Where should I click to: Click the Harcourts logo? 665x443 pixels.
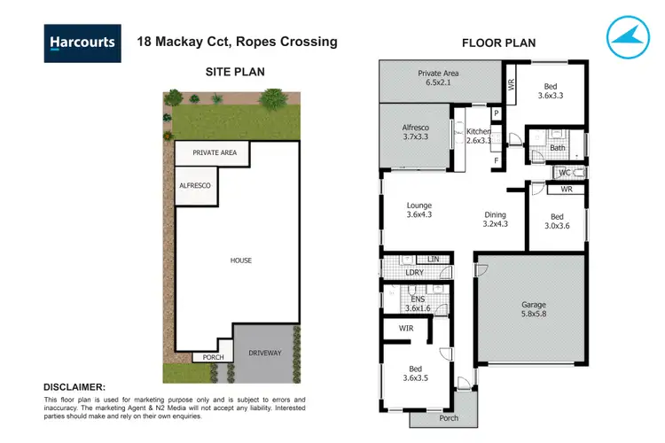[x=81, y=42]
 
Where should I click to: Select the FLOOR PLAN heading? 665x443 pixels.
[x=499, y=43]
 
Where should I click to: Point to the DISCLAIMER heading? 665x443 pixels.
[x=74, y=387]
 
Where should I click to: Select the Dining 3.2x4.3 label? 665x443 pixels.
[x=496, y=219]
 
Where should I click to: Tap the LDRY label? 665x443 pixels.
[x=414, y=272]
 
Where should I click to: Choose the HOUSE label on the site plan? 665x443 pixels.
[x=240, y=260]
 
